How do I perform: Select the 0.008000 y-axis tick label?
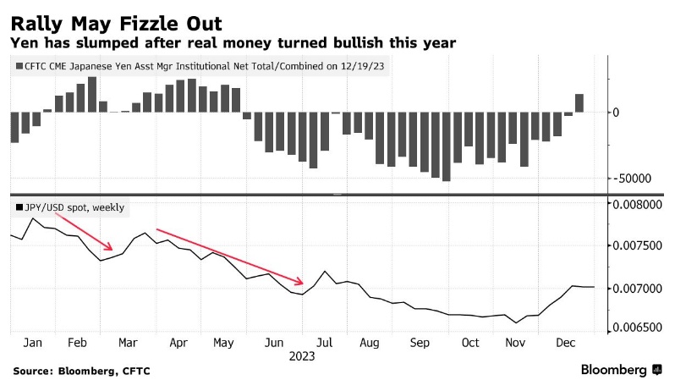(x=636, y=205)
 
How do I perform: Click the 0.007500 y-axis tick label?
(x=636, y=246)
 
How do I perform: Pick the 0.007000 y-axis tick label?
(x=636, y=289)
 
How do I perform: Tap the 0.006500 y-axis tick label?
(x=636, y=329)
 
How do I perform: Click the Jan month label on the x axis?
(x=34, y=344)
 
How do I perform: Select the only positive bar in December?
(x=579, y=102)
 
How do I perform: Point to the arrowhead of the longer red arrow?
(x=301, y=282)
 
